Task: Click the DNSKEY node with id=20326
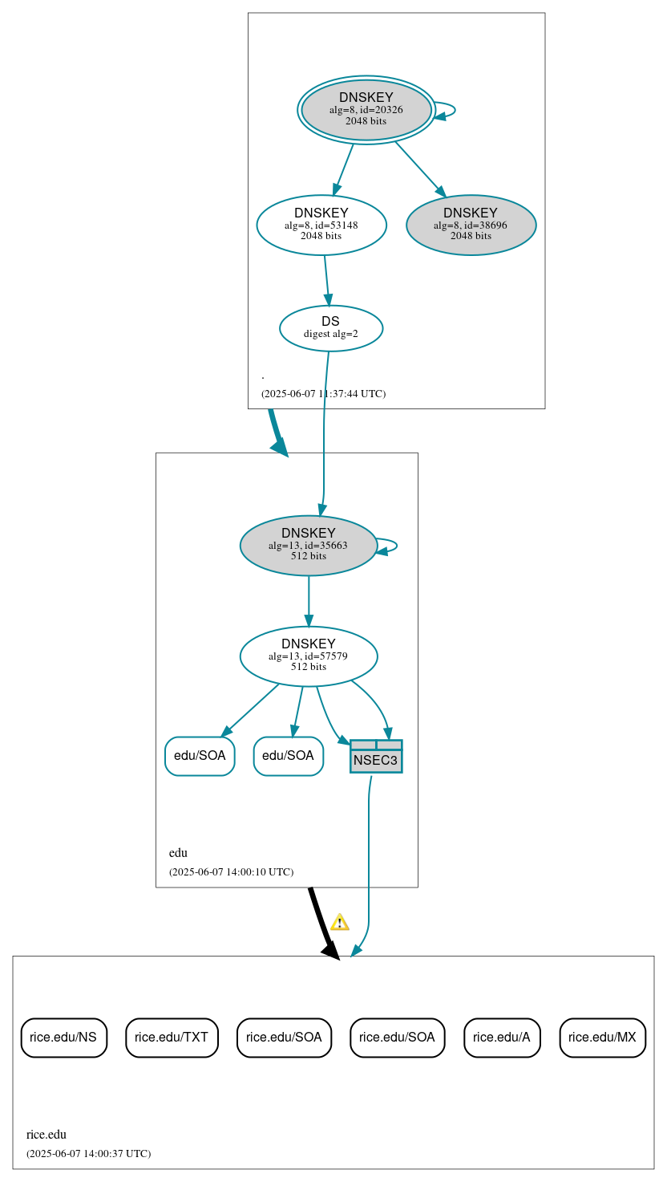point(366,110)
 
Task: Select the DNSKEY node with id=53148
point(321,225)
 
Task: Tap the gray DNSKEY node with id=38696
point(471,225)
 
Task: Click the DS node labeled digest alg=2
point(330,328)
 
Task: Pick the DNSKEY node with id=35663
point(308,546)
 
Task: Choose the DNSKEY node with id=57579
point(308,656)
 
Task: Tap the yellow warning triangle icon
point(340,922)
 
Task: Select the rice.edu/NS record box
point(63,1037)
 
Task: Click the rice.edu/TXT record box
point(172,1037)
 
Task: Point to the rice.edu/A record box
point(502,1037)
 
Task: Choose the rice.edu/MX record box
point(602,1037)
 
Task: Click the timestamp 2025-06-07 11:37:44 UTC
point(323,394)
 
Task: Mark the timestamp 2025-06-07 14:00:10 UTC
point(231,872)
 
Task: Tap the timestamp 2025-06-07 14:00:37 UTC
point(88,1154)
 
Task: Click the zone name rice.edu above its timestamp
point(46,1135)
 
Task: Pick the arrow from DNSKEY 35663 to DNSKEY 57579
point(309,601)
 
